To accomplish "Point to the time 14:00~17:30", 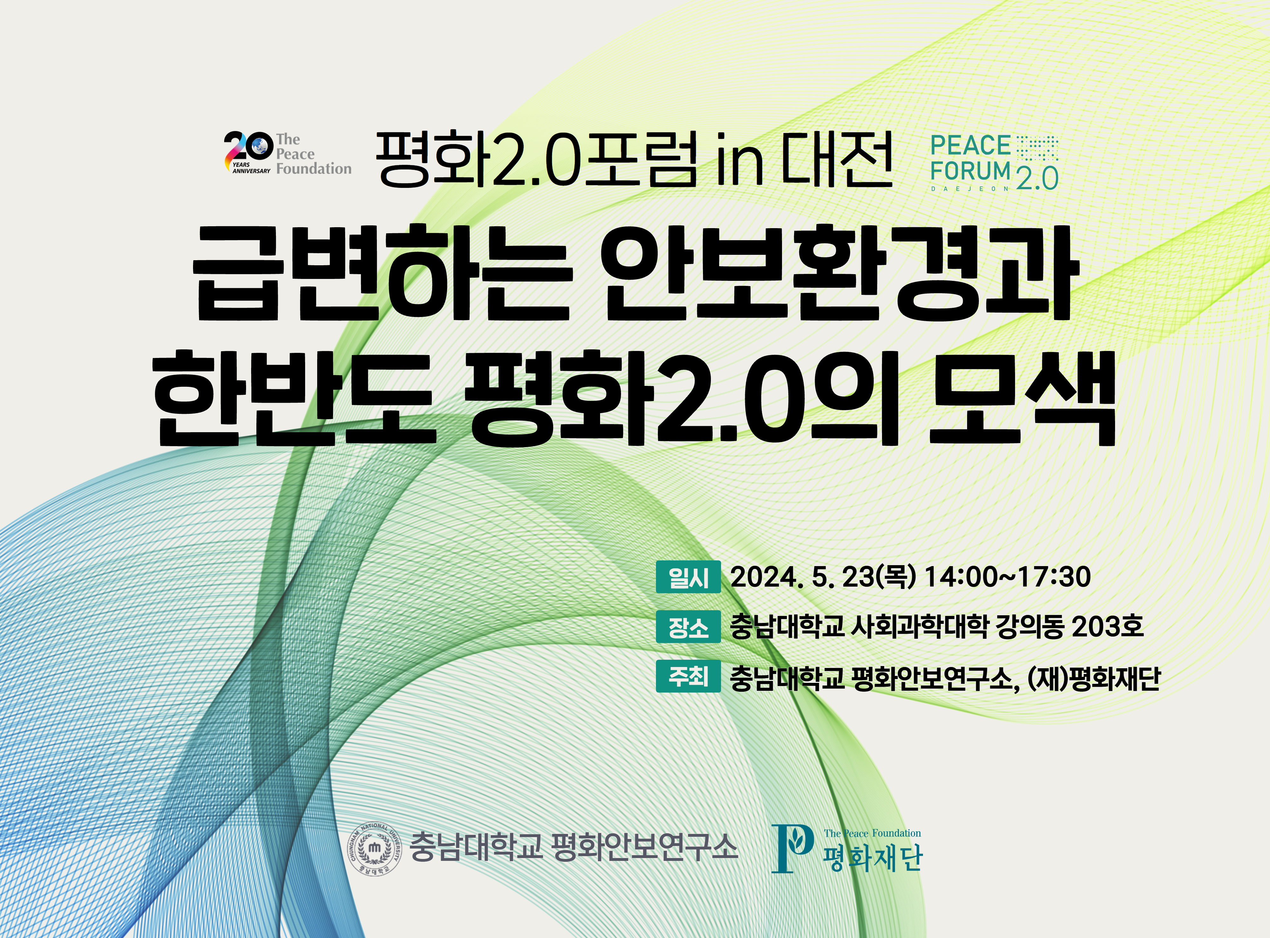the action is (1008, 577).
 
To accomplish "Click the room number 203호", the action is (1107, 627).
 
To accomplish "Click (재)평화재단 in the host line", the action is (1093, 677).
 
